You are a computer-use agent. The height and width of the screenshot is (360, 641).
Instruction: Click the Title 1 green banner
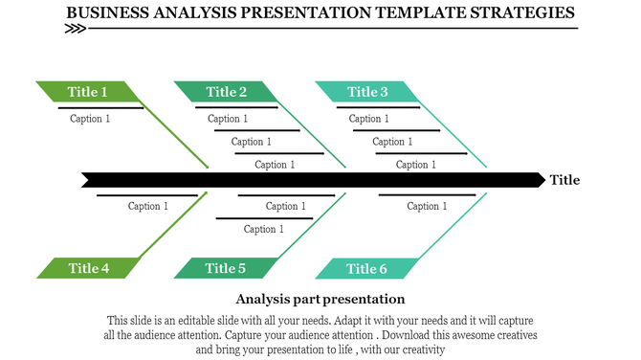click(x=87, y=92)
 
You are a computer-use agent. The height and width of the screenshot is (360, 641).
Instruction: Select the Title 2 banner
click(x=226, y=92)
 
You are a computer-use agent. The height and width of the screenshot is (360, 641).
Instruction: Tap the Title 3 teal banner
click(x=367, y=92)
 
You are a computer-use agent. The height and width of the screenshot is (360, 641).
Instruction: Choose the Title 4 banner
click(x=88, y=268)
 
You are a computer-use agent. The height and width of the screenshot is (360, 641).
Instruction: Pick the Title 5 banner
click(x=226, y=268)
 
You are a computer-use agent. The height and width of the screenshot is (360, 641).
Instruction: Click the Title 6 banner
click(x=367, y=268)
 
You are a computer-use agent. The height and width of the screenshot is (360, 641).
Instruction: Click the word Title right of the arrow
click(x=564, y=180)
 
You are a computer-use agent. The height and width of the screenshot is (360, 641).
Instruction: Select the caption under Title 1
click(x=90, y=119)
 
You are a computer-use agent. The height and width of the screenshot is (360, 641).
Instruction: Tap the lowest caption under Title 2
click(x=275, y=165)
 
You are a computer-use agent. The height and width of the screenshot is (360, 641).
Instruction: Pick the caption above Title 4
click(x=148, y=206)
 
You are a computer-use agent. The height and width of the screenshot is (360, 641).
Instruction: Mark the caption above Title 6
click(x=426, y=206)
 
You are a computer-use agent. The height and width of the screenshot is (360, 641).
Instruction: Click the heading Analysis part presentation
click(x=320, y=299)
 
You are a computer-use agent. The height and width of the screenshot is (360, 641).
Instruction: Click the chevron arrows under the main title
click(x=75, y=29)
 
